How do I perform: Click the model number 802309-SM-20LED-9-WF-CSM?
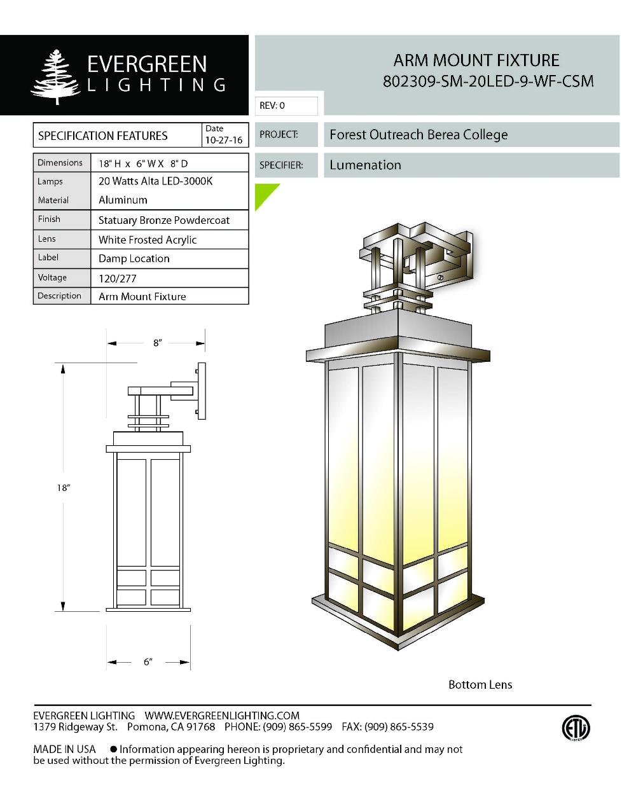click(488, 81)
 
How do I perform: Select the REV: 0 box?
click(286, 106)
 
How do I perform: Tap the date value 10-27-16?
click(223, 140)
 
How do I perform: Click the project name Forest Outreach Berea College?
click(418, 135)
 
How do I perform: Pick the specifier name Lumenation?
click(365, 165)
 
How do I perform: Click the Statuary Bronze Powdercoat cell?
click(164, 221)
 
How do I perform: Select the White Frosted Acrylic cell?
click(148, 240)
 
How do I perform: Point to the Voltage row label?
click(52, 277)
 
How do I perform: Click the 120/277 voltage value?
click(118, 279)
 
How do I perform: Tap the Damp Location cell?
click(134, 259)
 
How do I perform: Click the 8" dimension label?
click(157, 343)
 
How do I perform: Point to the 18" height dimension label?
click(63, 488)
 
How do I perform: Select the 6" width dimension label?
click(148, 662)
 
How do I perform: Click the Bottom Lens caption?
click(480, 685)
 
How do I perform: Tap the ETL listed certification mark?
click(575, 728)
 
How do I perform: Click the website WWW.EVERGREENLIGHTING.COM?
click(222, 716)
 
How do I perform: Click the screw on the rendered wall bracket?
click(441, 278)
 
